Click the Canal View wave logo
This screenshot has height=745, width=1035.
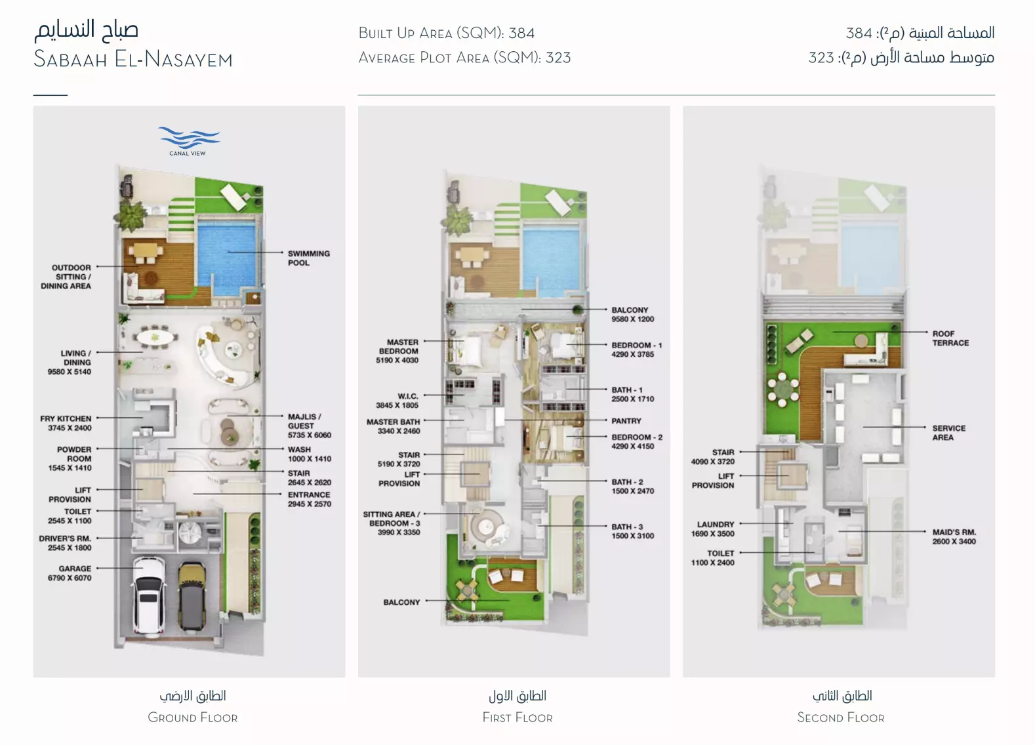[x=188, y=138]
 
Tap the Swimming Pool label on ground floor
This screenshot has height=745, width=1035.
[x=309, y=258]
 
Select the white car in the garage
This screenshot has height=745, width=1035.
[x=149, y=596]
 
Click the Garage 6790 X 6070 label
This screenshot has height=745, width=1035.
[x=70, y=573]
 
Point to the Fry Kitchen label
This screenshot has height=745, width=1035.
[x=66, y=423]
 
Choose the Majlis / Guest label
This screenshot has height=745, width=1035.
[x=310, y=426]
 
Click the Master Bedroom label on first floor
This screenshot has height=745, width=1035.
[x=397, y=351]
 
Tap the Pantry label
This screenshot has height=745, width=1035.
[x=626, y=421]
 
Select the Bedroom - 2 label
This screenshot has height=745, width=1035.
[x=637, y=441]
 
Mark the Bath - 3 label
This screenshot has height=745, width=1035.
[x=632, y=531]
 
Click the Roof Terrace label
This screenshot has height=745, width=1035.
[x=950, y=338]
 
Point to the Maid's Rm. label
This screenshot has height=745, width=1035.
[x=954, y=536]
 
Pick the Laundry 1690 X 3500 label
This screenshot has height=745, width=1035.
[x=713, y=529]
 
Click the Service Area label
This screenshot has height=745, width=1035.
[x=948, y=433]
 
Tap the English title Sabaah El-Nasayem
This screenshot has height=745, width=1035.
[x=133, y=59]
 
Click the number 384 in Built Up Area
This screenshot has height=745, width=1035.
[x=521, y=33]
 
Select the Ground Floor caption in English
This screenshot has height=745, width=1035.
[x=193, y=717]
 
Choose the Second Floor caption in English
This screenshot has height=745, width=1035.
[x=841, y=717]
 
